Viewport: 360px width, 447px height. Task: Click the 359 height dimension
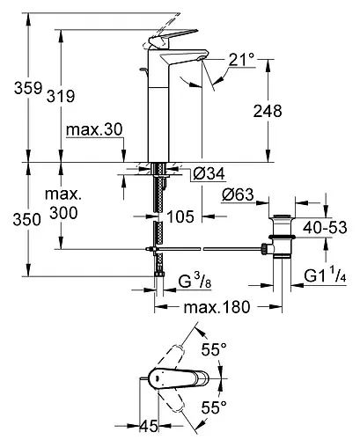[28, 88]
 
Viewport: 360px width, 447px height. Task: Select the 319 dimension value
[61, 96]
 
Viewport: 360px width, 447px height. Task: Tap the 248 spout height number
[268, 111]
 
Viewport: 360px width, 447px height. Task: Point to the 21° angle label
[241, 60]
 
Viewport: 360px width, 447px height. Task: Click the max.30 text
[94, 129]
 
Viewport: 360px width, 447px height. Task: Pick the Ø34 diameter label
[209, 173]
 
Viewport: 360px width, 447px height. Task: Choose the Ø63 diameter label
[238, 194]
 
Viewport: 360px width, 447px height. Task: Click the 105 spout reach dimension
[180, 216]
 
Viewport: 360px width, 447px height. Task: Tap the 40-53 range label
[325, 227]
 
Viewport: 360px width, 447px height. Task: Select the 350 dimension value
[26, 220]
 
